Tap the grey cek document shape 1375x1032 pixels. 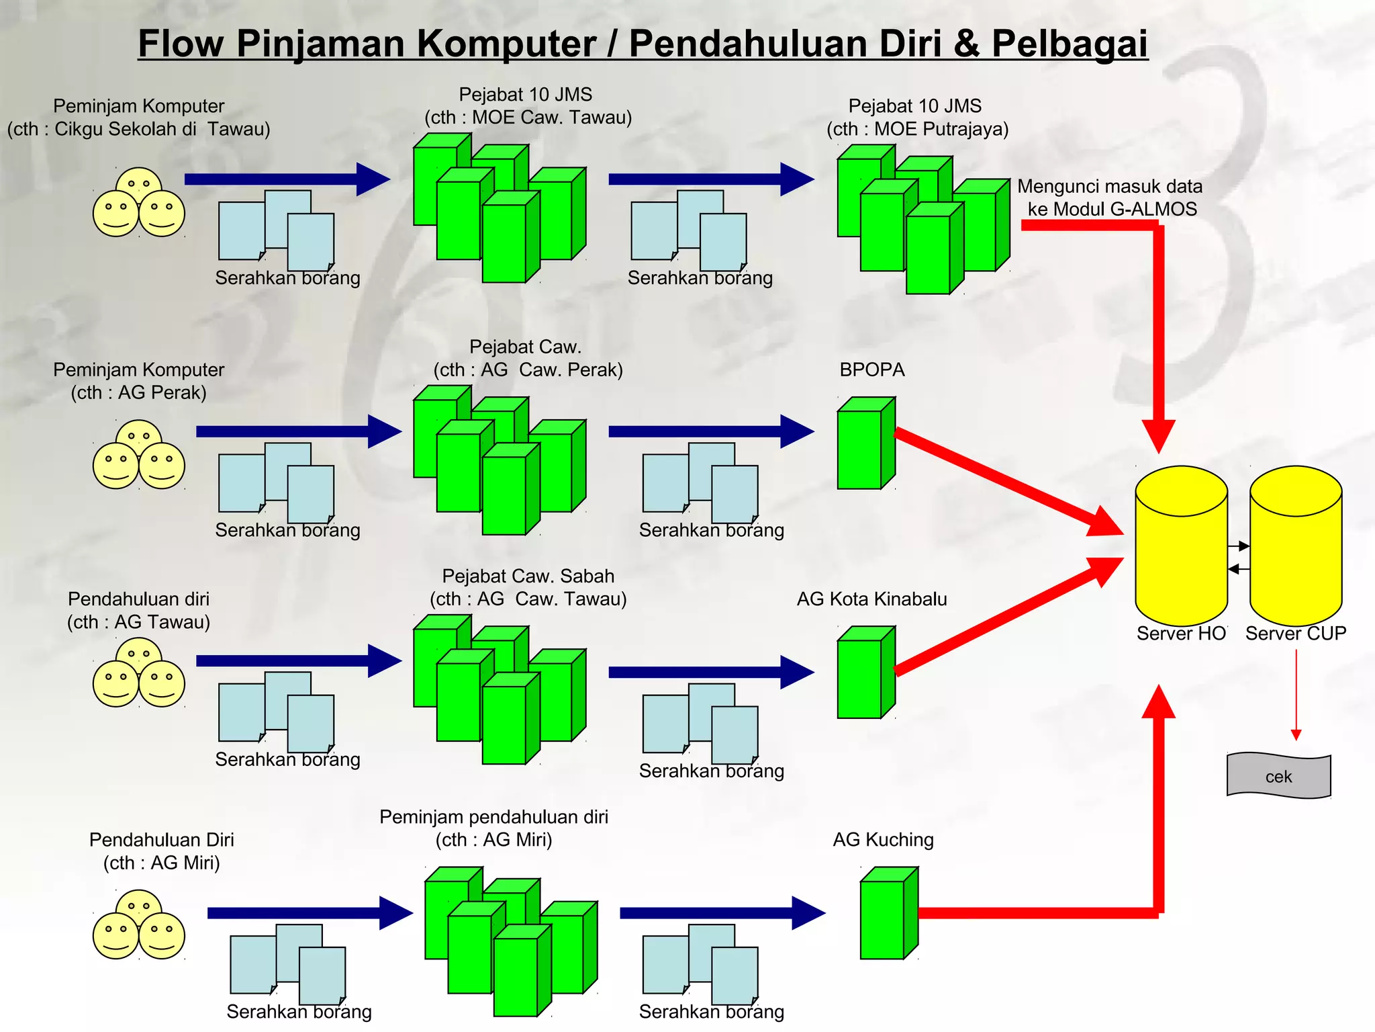click(x=1278, y=776)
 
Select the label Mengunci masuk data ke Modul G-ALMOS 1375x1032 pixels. click(x=1110, y=198)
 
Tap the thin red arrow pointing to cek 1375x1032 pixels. click(x=1296, y=695)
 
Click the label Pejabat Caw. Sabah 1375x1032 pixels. click(x=528, y=576)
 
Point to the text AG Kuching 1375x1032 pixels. click(x=883, y=840)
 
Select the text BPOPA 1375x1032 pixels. click(x=871, y=370)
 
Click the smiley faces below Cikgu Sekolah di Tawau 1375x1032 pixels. click(x=139, y=203)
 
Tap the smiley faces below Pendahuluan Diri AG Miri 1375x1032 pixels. click(x=139, y=925)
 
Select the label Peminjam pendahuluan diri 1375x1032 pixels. click(x=493, y=817)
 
